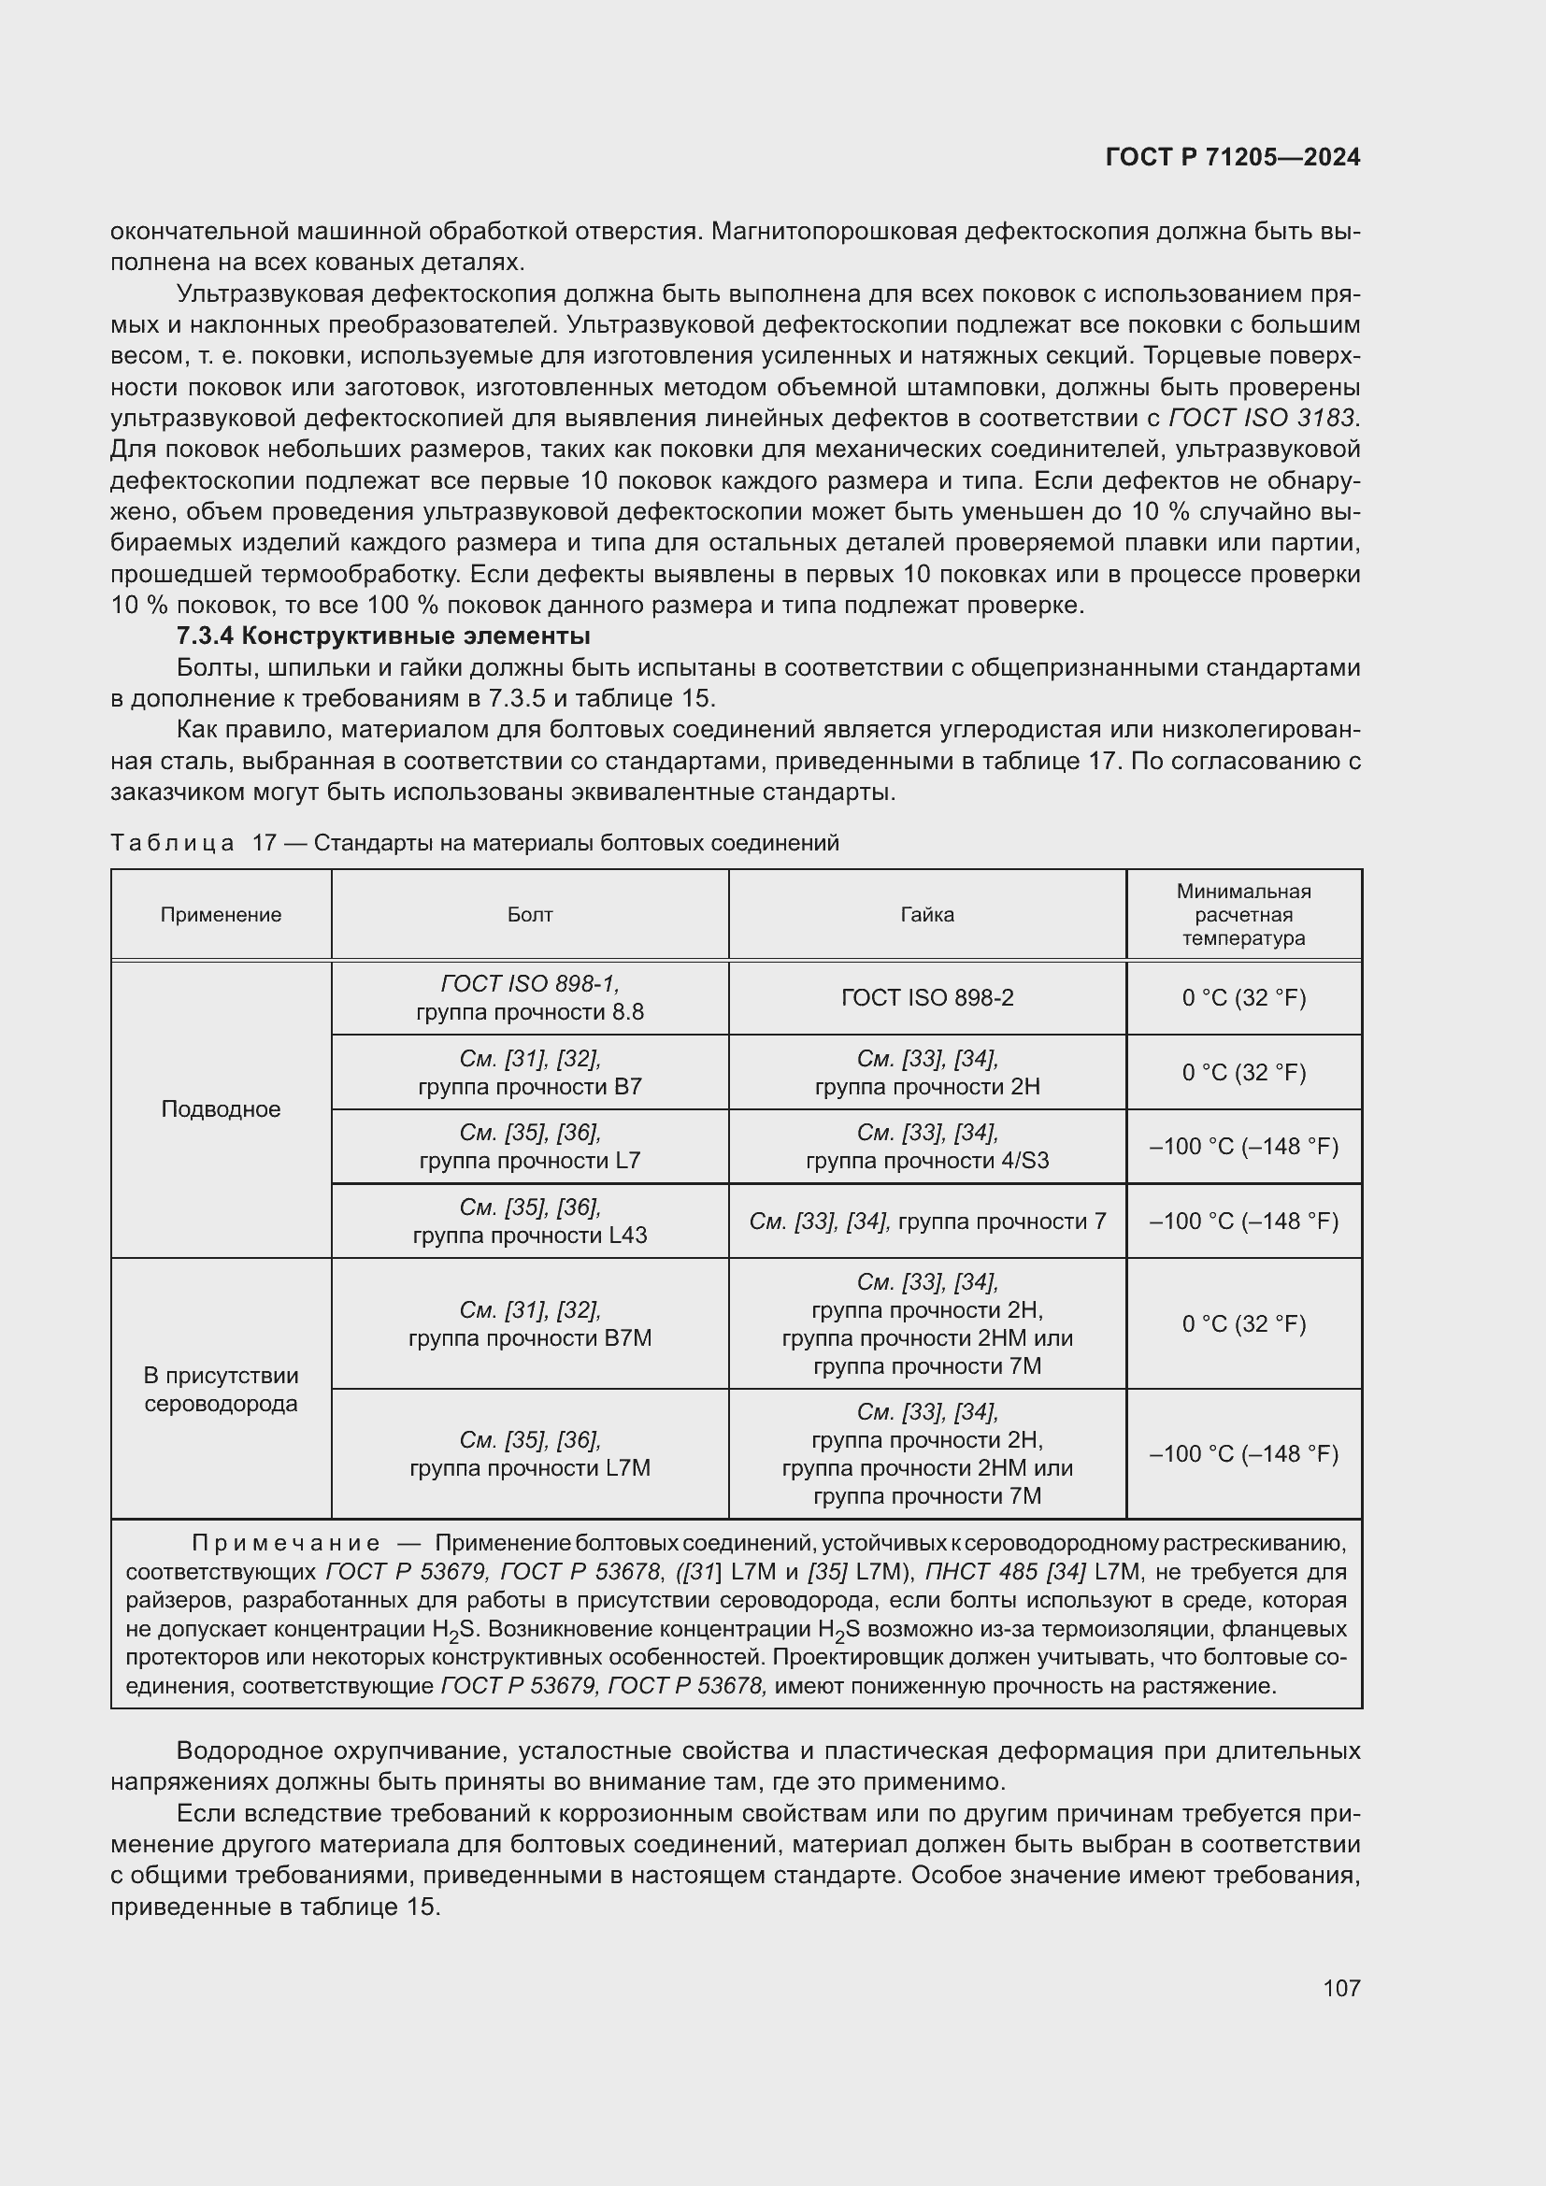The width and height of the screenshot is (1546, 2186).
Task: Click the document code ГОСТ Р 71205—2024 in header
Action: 1233,157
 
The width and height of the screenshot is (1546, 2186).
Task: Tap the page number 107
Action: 1341,1987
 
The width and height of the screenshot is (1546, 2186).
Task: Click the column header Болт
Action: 529,914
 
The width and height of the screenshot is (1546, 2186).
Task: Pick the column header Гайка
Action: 927,914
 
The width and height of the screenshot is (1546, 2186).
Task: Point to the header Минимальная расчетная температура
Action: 1243,914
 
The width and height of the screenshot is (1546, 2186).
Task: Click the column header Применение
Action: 221,914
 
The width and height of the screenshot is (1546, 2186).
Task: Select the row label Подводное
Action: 221,1109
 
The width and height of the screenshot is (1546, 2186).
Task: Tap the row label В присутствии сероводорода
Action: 221,1389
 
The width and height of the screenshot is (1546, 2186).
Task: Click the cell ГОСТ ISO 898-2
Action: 927,997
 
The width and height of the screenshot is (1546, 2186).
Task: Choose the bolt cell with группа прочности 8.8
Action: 529,998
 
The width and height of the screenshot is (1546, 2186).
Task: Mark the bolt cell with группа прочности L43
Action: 529,1221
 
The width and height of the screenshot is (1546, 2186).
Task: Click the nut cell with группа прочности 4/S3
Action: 927,1147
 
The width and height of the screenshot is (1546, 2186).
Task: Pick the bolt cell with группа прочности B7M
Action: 529,1323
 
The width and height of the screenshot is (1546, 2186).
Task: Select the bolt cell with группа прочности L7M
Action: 529,1453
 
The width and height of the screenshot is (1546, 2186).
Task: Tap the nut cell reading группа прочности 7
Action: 927,1221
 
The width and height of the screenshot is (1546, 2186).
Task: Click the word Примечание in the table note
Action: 286,1542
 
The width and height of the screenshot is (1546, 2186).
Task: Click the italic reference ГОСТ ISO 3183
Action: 1260,417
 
